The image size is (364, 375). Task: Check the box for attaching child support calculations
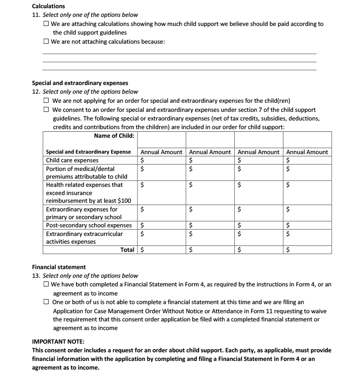click(x=46, y=24)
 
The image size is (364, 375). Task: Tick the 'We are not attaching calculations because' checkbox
click(x=46, y=41)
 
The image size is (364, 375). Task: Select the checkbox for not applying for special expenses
click(x=46, y=101)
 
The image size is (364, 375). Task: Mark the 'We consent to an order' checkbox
click(x=46, y=110)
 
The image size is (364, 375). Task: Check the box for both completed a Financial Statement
click(x=46, y=284)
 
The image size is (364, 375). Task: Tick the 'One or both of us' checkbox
click(x=46, y=302)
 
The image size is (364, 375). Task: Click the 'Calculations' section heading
click(x=48, y=6)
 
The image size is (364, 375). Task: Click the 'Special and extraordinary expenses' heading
click(x=80, y=83)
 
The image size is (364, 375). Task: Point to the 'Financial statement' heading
click(x=59, y=267)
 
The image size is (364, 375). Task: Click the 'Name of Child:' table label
click(x=114, y=136)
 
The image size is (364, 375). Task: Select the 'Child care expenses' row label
click(x=72, y=160)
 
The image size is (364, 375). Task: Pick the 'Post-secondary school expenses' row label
click(x=89, y=225)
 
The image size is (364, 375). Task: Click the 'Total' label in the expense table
click(x=127, y=250)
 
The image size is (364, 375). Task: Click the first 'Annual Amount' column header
click(x=162, y=152)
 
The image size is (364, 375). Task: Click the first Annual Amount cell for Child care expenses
click(x=162, y=160)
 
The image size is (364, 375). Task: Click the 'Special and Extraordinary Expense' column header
click(x=88, y=152)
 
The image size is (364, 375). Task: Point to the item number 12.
click(x=35, y=92)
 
